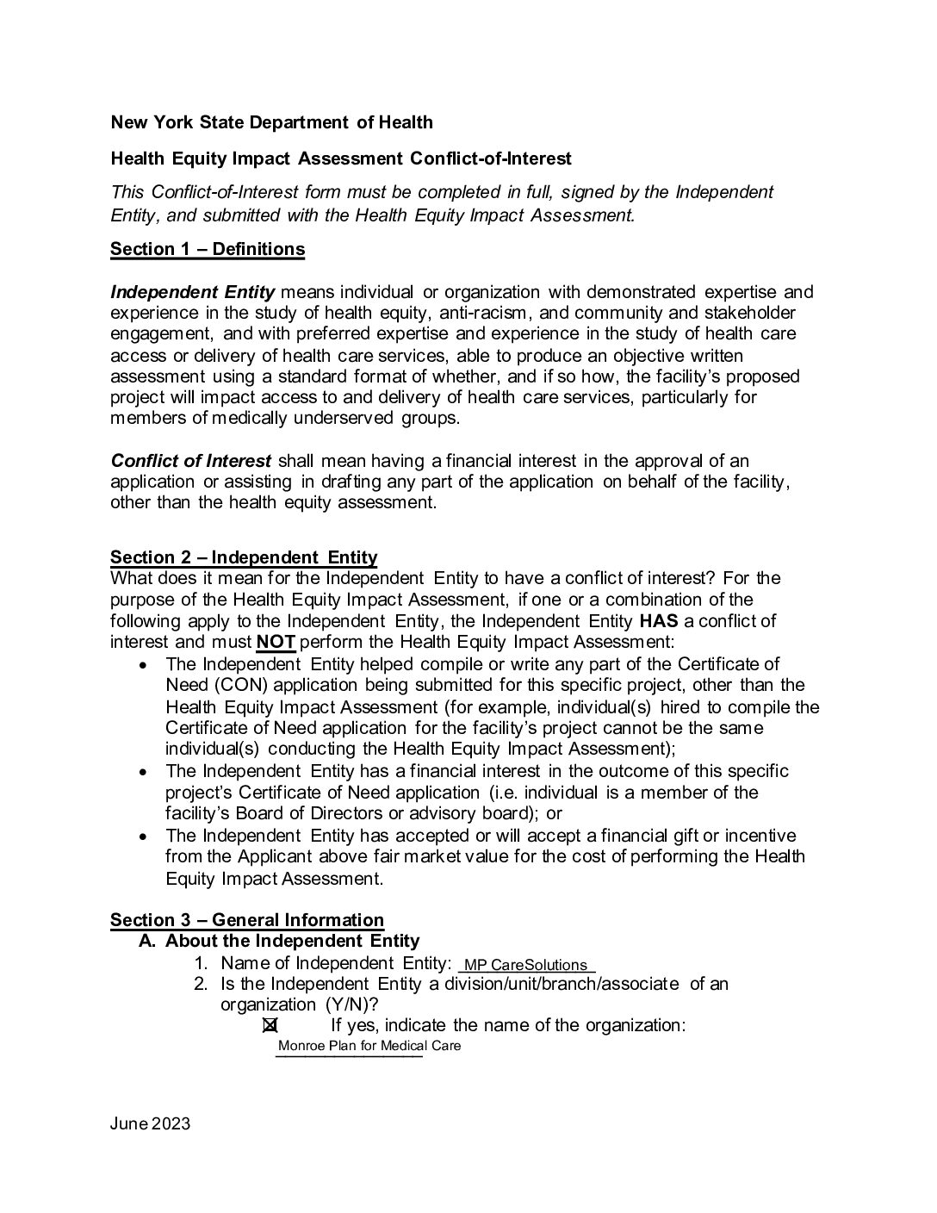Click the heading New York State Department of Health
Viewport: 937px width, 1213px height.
point(271,122)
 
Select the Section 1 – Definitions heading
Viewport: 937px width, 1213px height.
point(208,249)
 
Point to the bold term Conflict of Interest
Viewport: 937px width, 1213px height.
point(191,461)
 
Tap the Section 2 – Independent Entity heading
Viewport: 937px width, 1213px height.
point(244,557)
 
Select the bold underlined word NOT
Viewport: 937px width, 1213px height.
point(276,642)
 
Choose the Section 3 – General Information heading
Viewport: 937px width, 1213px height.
point(247,920)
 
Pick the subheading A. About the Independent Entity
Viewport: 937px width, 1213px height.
point(279,941)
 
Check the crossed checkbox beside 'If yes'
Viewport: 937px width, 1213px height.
point(270,1025)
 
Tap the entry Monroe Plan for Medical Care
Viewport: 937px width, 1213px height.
point(369,1046)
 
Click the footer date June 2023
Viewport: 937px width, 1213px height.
point(150,1124)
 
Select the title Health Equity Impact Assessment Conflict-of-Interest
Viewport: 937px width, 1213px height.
point(341,159)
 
